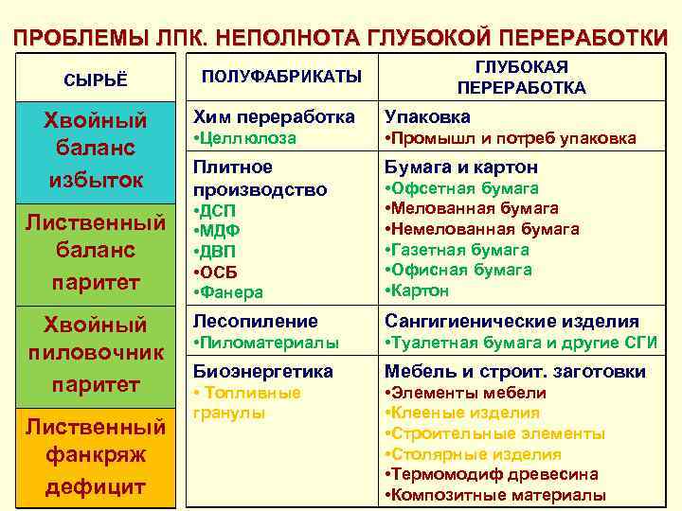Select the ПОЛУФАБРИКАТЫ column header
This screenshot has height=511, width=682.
pyautogui.click(x=269, y=75)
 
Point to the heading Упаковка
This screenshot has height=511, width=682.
pyautogui.click(x=427, y=117)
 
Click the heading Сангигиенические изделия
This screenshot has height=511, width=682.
pyautogui.click(x=511, y=322)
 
